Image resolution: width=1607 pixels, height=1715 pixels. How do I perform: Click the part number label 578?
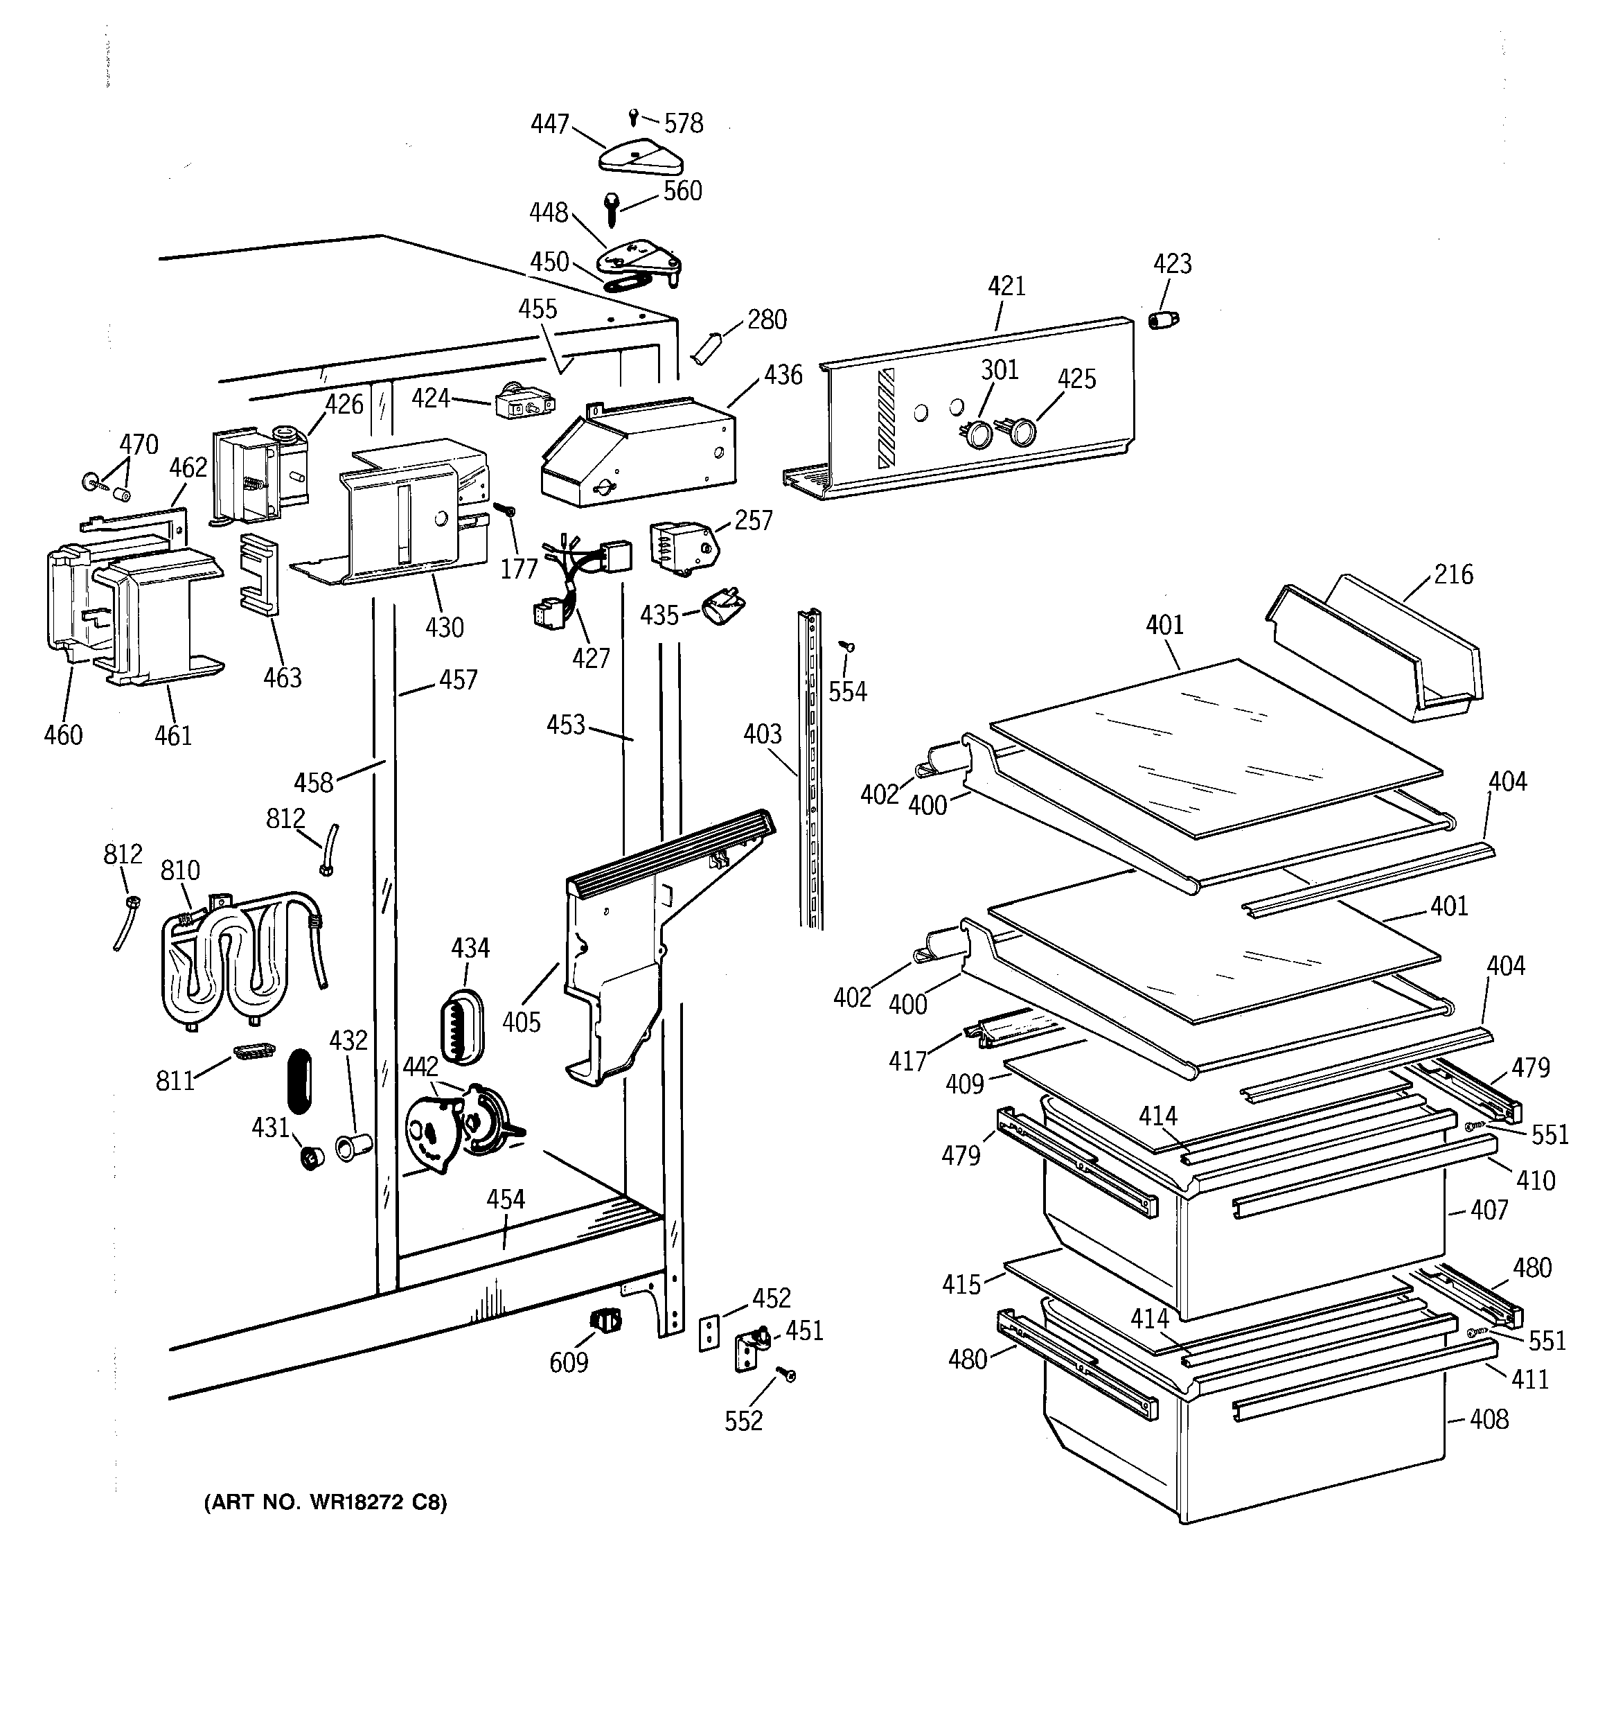(x=684, y=124)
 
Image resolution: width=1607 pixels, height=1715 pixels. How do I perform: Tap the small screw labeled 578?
(x=634, y=115)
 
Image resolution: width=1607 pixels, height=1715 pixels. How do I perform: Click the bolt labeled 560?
(x=612, y=208)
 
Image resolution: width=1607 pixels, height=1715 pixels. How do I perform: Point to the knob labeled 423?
(x=1164, y=321)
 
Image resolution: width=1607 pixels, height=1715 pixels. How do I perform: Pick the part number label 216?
(x=1453, y=574)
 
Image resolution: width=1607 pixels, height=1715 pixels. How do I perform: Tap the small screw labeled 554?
(x=847, y=645)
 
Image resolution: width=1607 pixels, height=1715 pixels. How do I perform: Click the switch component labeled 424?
(x=523, y=405)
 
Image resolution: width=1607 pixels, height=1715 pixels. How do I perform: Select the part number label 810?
(x=180, y=870)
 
